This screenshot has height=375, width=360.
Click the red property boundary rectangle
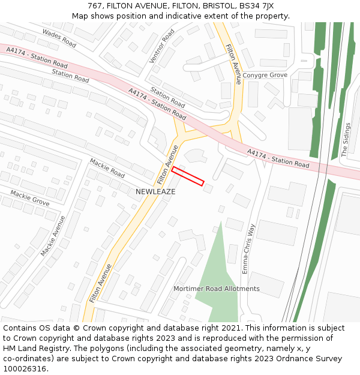pos(188,176)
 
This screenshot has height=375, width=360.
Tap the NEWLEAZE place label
pos(155,191)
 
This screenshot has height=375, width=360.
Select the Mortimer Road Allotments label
pos(217,289)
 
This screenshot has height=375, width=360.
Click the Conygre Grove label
pos(264,75)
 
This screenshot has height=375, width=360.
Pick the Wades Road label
pos(59,39)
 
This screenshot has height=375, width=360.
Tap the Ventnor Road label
pos(162,46)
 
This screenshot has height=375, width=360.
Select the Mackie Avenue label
pos(53,236)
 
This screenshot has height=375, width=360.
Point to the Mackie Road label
pos(107,168)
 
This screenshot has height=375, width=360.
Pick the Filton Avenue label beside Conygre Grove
pos(233,64)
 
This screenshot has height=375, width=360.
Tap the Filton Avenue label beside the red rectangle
pos(167,164)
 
